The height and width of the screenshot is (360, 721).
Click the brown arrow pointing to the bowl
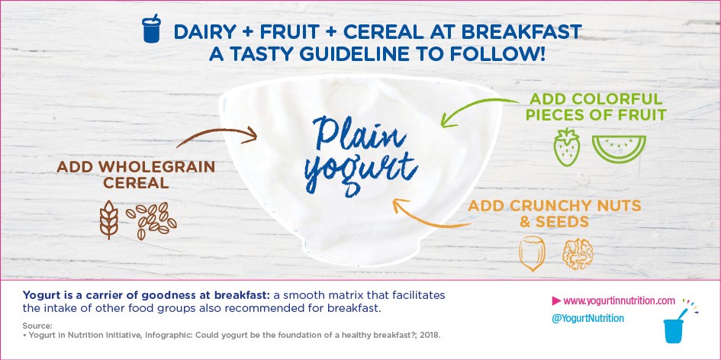pos(215,135)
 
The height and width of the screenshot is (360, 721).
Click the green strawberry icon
pos(566,146)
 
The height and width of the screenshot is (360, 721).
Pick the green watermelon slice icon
pos(619,148)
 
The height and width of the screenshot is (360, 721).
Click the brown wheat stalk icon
pos(109,220)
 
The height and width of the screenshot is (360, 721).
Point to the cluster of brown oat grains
pos(151,220)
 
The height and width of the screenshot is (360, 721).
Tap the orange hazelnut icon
pos(532,253)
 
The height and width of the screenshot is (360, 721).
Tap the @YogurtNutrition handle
pos(587,318)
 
